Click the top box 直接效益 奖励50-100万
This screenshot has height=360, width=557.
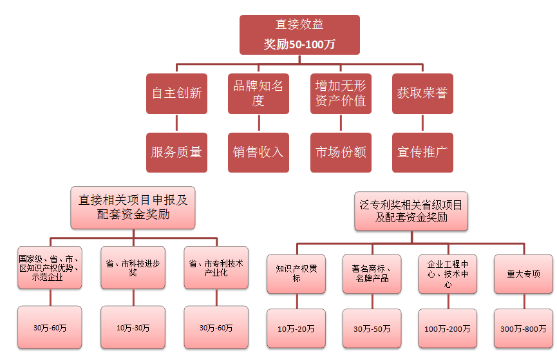coord(299,35)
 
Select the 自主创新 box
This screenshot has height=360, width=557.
coord(176,93)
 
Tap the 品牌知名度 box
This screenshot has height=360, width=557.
coord(258,93)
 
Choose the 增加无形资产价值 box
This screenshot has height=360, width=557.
coord(341,93)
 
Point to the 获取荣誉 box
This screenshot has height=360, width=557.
coord(422,93)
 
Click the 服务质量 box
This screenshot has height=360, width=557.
coord(176,153)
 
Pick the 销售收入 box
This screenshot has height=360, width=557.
coord(258,153)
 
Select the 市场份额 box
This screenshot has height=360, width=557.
coord(341,153)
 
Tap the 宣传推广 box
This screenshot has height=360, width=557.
coord(422,153)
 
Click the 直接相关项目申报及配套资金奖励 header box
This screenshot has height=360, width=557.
coord(133,207)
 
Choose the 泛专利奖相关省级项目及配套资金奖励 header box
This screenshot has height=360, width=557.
coord(411,211)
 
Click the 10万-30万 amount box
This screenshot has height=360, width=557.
coord(133,328)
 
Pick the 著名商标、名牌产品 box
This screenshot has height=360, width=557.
coord(372,274)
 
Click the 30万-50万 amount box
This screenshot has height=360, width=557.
coord(372,329)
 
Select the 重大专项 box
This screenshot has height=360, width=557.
coord(524,274)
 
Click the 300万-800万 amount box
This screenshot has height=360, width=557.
coord(524,329)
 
